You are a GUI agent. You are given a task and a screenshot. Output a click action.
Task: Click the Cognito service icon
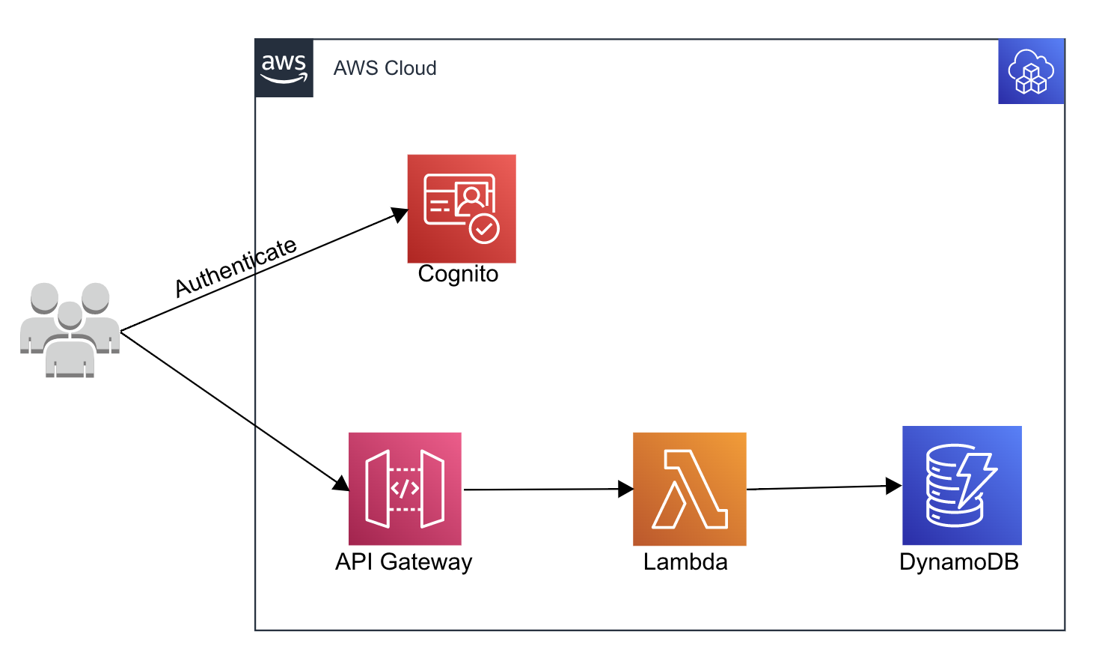(461, 208)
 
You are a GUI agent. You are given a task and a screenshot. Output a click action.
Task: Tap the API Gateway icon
(405, 488)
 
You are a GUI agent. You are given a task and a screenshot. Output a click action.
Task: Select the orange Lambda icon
(689, 488)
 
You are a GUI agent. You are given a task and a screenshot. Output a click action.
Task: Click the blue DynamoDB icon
(961, 485)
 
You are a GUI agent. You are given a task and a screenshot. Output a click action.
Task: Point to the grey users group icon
(70, 329)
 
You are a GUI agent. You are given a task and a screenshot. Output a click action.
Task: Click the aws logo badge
(284, 68)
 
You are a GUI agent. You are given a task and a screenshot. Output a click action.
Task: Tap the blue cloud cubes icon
(1031, 72)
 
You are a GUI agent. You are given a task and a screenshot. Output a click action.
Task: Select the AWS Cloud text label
(385, 68)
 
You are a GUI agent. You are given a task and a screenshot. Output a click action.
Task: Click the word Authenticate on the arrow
(236, 267)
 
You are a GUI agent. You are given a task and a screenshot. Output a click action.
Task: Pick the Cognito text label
(458, 274)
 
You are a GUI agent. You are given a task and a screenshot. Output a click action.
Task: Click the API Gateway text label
(403, 561)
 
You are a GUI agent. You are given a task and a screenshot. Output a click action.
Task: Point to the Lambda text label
(685, 561)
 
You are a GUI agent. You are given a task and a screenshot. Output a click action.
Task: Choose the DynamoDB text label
(958, 561)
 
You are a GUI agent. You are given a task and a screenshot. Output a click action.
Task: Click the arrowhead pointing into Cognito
(400, 215)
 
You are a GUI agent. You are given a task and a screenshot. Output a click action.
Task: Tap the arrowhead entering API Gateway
(341, 483)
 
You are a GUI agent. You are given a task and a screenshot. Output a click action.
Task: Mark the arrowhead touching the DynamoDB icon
(893, 486)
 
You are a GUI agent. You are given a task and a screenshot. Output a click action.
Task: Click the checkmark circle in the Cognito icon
(484, 229)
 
